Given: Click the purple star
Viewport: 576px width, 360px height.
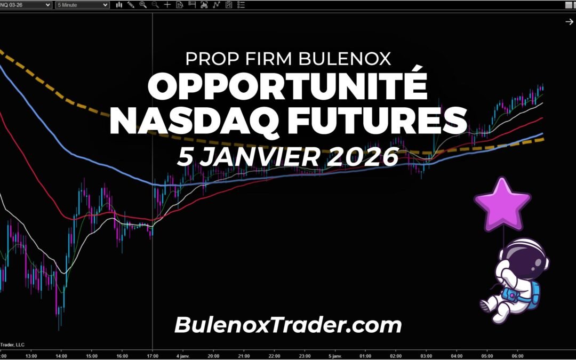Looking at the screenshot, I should [x=502, y=204].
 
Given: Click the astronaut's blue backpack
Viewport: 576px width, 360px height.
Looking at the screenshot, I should [x=534, y=292].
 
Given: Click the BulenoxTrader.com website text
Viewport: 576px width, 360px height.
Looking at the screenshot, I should [x=288, y=324].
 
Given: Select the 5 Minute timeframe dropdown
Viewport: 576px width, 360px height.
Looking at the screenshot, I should [x=82, y=5].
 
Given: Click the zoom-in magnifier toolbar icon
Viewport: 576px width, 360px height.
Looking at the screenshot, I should [x=143, y=5].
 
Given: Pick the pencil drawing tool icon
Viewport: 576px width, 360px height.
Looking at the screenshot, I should [x=131, y=5].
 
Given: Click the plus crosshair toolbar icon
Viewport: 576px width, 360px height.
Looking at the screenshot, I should [x=167, y=5].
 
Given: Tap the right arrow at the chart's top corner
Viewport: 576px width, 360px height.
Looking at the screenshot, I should [x=569, y=22].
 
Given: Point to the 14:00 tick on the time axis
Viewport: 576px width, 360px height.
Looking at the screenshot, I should [x=61, y=355].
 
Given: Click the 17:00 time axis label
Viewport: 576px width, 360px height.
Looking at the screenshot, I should [x=153, y=355].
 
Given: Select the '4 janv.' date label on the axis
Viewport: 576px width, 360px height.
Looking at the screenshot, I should [x=183, y=355].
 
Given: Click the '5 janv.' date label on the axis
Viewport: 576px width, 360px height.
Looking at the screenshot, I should [x=335, y=355].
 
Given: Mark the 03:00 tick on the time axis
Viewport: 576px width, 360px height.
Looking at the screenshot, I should [x=427, y=355].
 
